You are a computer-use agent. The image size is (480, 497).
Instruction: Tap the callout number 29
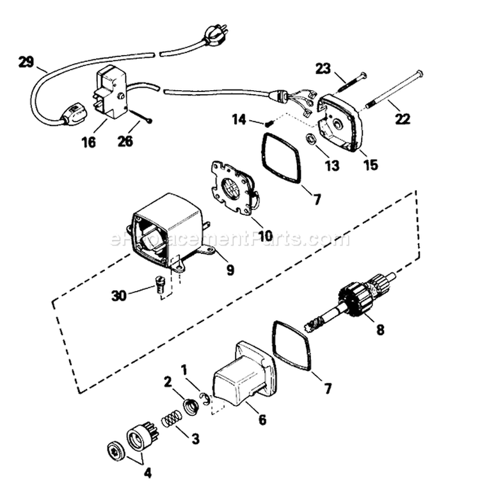(x=26, y=62)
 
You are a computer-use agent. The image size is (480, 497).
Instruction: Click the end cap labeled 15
(x=341, y=123)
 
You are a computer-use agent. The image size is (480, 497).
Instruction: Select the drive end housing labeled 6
(x=244, y=374)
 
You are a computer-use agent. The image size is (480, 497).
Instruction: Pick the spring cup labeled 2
(x=190, y=406)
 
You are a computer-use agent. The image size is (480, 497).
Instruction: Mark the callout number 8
(x=380, y=331)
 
